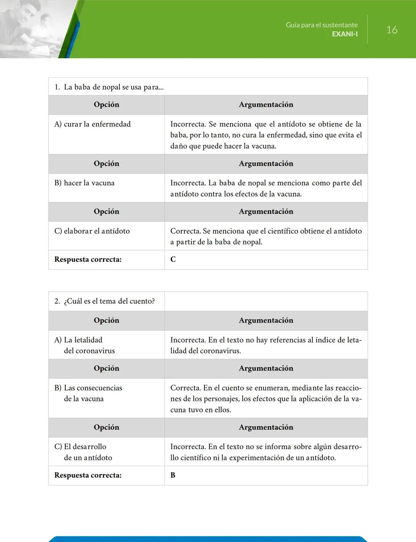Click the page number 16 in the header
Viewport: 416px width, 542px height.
[392, 30]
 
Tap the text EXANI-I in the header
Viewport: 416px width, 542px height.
[345, 34]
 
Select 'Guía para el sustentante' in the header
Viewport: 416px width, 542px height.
[322, 25]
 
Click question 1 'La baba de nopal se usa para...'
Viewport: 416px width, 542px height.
[109, 87]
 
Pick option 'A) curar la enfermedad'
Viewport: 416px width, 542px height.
[92, 124]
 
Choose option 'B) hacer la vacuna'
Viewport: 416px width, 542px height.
[84, 183]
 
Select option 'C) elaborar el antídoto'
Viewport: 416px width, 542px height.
[92, 231]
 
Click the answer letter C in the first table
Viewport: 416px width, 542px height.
[173, 259]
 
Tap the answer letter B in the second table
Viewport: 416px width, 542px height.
[173, 475]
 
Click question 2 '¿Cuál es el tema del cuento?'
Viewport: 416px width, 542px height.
[105, 301]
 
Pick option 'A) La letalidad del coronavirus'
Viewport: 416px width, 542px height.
[85, 345]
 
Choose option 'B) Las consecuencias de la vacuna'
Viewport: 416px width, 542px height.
[88, 393]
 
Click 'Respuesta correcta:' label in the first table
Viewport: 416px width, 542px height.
[88, 259]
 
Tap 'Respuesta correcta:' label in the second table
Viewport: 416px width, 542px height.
[88, 475]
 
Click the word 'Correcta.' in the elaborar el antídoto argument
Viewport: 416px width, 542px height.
[186, 231]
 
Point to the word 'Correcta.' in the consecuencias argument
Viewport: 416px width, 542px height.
[186, 388]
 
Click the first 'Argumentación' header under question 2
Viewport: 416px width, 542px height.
[266, 320]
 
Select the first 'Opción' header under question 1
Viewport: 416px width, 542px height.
[106, 104]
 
